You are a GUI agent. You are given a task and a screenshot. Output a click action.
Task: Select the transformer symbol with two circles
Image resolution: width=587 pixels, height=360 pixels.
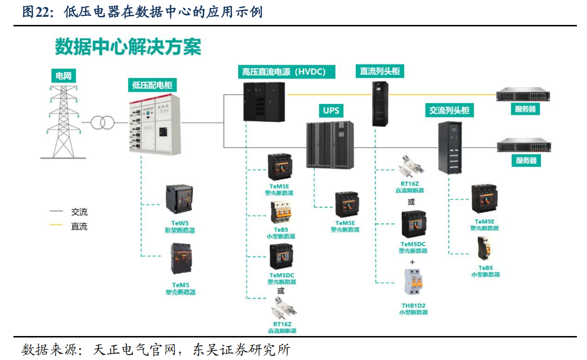point(101,123)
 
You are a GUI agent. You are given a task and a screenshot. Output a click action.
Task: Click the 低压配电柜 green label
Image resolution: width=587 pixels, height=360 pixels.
point(152,85)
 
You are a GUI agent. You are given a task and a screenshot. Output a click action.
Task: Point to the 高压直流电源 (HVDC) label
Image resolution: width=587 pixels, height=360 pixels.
point(286,72)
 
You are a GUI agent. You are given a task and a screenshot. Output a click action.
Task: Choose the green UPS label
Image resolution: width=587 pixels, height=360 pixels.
point(330,110)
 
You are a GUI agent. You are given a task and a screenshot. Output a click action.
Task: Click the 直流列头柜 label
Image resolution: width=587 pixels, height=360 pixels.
point(380,71)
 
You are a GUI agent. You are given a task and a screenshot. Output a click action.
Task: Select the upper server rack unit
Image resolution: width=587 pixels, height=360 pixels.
point(523,94)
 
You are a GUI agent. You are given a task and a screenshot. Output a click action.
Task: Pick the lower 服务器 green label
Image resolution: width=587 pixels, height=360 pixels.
point(526,160)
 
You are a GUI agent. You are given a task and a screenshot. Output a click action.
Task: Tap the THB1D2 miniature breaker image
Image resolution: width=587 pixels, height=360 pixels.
point(415,283)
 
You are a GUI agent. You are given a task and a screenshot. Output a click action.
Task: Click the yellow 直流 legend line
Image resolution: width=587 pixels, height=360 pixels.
point(56,225)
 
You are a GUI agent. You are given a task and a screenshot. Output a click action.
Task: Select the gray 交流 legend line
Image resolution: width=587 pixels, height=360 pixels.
point(56,211)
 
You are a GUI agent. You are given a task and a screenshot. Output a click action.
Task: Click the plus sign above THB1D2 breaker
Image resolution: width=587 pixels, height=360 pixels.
point(412,262)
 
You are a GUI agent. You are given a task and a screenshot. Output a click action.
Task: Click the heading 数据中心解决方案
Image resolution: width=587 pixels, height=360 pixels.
point(128,47)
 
